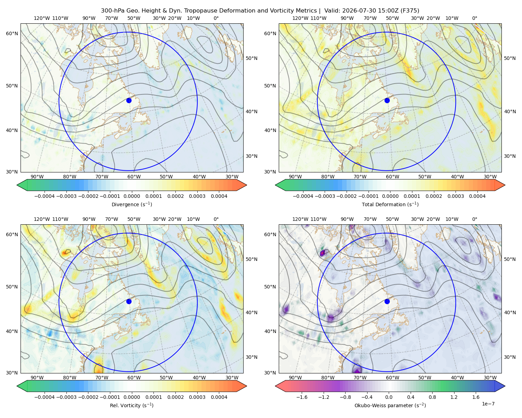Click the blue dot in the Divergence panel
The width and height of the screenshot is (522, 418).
click(129, 100)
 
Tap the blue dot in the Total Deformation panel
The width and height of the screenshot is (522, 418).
click(387, 100)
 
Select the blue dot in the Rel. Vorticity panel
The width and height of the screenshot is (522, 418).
click(129, 301)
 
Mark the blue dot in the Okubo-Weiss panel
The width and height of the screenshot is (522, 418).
click(387, 301)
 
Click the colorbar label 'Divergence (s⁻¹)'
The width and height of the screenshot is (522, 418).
click(132, 204)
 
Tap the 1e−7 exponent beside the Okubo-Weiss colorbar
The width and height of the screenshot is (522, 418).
click(488, 404)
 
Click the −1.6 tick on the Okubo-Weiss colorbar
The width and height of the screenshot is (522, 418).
click(302, 397)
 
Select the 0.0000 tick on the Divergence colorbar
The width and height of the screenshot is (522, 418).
click(132, 196)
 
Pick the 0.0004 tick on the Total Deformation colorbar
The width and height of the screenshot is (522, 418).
click(477, 196)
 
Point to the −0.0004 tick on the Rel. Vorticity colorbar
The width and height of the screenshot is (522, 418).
click(45, 397)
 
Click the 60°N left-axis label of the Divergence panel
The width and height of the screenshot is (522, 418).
click(12, 33)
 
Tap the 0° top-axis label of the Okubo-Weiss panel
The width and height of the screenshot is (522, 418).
click(474, 219)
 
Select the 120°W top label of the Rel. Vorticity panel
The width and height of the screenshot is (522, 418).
click(42, 219)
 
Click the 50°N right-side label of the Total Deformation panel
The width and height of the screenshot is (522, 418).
click(509, 58)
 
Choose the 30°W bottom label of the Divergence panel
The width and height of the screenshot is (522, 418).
click(232, 177)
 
